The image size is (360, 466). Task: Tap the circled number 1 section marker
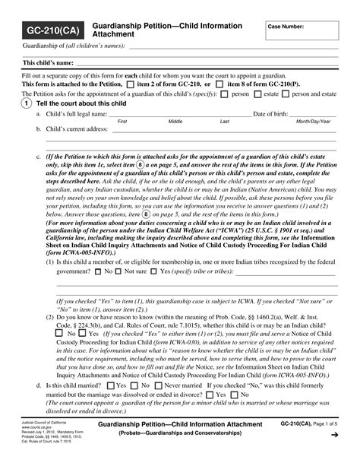point(27,103)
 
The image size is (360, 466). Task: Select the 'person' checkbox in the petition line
point(225,94)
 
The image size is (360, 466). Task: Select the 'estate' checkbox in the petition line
point(257,94)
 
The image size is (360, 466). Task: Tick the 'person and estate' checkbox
point(286,94)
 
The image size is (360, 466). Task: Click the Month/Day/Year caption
point(313,122)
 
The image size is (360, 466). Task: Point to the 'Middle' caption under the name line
point(175,122)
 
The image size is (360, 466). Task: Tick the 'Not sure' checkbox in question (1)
point(118,271)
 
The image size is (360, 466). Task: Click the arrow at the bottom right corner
point(333,455)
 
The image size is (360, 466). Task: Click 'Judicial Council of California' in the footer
point(44,440)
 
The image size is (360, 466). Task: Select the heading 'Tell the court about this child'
point(81,103)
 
